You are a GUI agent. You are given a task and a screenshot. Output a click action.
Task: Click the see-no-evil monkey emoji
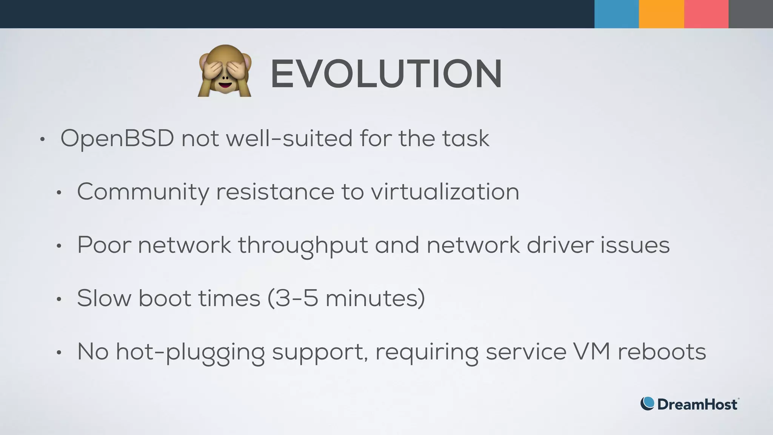pyautogui.click(x=225, y=71)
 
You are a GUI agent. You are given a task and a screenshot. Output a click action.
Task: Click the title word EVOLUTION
pyautogui.click(x=386, y=74)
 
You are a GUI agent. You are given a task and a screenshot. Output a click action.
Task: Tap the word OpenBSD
pyautogui.click(x=117, y=139)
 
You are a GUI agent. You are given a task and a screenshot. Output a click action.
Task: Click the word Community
pyautogui.click(x=143, y=192)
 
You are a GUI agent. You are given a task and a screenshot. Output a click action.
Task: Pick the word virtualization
pyautogui.click(x=445, y=191)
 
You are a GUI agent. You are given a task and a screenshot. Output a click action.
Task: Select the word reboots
pyautogui.click(x=662, y=352)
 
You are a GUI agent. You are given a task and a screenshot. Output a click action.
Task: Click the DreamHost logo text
pyautogui.click(x=697, y=404)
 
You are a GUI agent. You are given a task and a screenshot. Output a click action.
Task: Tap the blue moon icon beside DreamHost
pyautogui.click(x=647, y=404)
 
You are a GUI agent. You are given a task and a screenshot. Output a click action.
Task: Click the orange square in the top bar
pyautogui.click(x=661, y=14)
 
